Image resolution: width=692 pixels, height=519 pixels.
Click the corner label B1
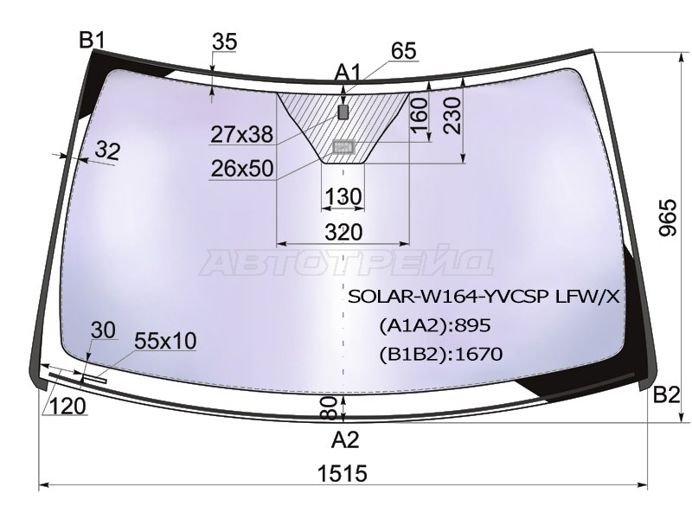pos(92,41)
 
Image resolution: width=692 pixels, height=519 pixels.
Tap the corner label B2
pos(665,394)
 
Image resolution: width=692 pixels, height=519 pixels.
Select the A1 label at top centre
pos(348,72)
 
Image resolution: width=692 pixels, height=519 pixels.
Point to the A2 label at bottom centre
pos(345,439)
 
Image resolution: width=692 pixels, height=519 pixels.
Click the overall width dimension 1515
pos(343,473)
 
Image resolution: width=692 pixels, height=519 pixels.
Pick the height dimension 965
pos(667,218)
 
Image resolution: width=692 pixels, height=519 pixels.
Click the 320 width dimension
pos(343,232)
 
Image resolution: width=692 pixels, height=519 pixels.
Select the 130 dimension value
pos(343,196)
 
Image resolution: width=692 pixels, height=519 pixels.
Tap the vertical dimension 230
pos(452,116)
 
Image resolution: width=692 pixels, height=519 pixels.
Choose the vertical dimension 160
pos(419,116)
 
